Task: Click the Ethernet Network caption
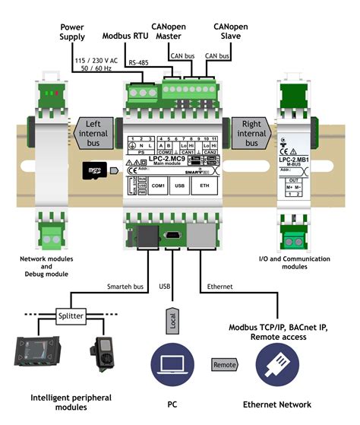(277, 404)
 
